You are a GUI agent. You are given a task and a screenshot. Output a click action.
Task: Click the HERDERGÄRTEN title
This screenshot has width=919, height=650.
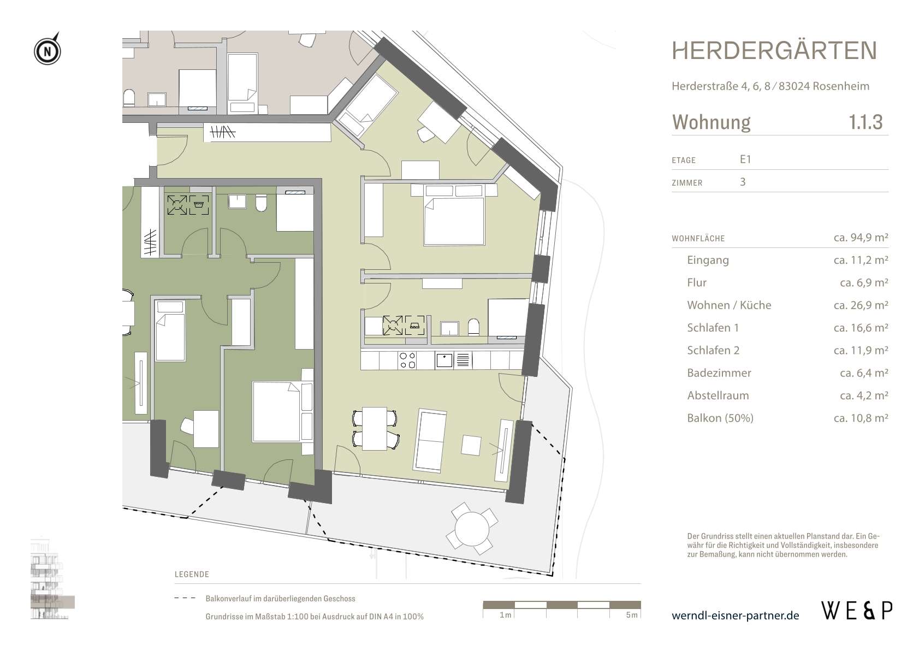tap(774, 51)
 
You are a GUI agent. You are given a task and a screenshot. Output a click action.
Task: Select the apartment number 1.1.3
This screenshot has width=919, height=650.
tap(865, 122)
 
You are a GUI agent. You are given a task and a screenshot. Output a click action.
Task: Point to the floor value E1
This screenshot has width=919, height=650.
tap(745, 159)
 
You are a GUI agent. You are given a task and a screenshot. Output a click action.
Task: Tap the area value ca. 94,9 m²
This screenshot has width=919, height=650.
tap(861, 237)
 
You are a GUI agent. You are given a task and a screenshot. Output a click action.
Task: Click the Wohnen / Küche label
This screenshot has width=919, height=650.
tap(729, 305)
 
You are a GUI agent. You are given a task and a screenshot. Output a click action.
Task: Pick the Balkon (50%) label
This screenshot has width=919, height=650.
tap(720, 418)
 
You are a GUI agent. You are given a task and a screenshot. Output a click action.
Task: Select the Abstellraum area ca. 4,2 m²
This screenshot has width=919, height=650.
tap(864, 395)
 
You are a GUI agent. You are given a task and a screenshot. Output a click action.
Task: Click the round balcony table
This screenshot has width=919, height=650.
tap(472, 528)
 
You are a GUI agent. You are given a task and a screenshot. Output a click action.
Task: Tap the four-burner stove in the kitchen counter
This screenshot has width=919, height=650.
tap(407, 361)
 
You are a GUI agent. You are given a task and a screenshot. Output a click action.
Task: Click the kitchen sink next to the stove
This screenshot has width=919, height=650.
tap(444, 361)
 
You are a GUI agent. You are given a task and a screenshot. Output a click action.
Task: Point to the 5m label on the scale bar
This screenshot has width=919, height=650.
tap(632, 614)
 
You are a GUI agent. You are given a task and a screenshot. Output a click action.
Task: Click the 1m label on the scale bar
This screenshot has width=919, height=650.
tap(506, 614)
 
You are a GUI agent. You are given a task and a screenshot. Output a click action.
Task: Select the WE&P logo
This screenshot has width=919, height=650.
tap(857, 611)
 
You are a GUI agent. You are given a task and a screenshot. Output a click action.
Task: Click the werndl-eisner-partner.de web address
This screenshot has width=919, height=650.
tap(735, 616)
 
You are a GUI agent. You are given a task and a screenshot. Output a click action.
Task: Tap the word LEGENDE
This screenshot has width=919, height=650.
tap(192, 574)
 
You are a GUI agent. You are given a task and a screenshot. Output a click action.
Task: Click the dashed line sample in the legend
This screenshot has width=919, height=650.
tap(185, 598)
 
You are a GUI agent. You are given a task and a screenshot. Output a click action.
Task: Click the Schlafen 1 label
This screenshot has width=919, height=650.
tap(713, 328)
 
